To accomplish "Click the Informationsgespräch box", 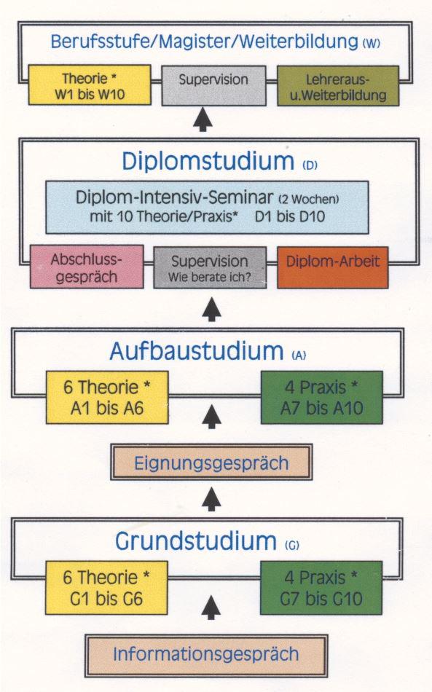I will [x=205, y=654].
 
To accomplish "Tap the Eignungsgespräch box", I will [x=211, y=463].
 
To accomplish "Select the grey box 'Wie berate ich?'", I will [x=209, y=267].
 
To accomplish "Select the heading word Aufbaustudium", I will [x=195, y=351].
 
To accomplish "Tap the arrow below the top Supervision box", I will [x=204, y=119].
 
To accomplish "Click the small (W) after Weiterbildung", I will [x=371, y=44].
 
